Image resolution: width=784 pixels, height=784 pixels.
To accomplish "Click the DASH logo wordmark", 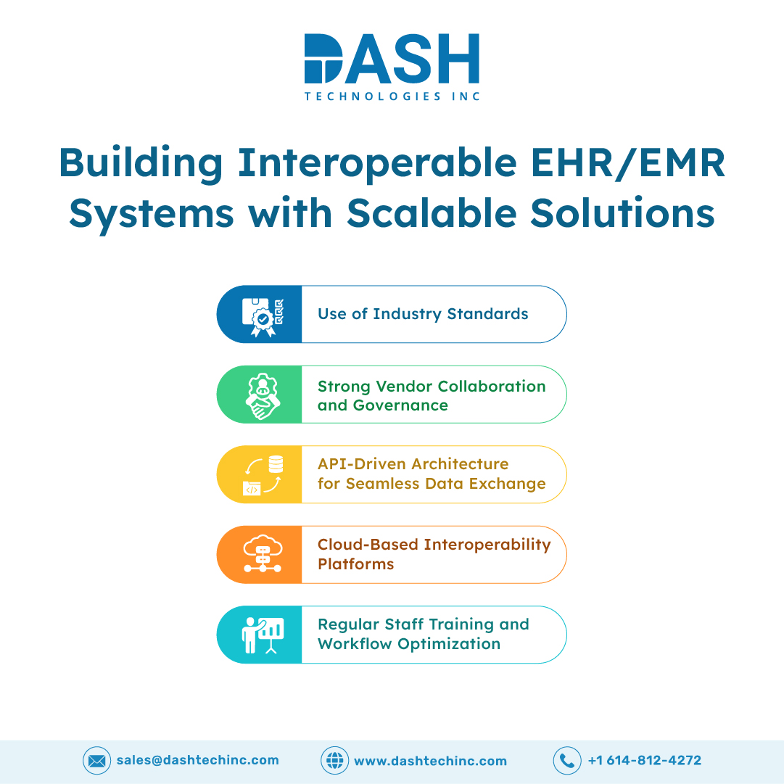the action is pos(392,59).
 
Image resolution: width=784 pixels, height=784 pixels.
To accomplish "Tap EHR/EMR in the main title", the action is pos(627,163).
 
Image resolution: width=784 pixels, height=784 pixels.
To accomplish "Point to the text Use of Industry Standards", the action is pos(423,314).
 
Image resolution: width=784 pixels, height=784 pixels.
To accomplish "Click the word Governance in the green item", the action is pos(400,405).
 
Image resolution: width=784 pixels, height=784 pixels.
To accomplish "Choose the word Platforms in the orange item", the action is pos(356,564).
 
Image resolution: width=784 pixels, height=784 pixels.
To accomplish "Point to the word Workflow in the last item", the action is pos(355,643).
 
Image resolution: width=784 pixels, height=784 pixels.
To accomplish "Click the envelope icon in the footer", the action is pos(96,761).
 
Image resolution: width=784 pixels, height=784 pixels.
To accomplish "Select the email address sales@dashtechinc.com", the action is pos(197,761).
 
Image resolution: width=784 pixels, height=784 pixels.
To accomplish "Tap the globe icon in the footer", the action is pos(334,761).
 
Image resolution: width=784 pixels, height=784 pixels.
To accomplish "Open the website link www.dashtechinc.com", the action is pos(431,761).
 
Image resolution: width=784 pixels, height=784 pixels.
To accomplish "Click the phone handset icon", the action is pos(567,761).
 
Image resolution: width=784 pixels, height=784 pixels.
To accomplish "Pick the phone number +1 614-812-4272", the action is pos(645,761).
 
